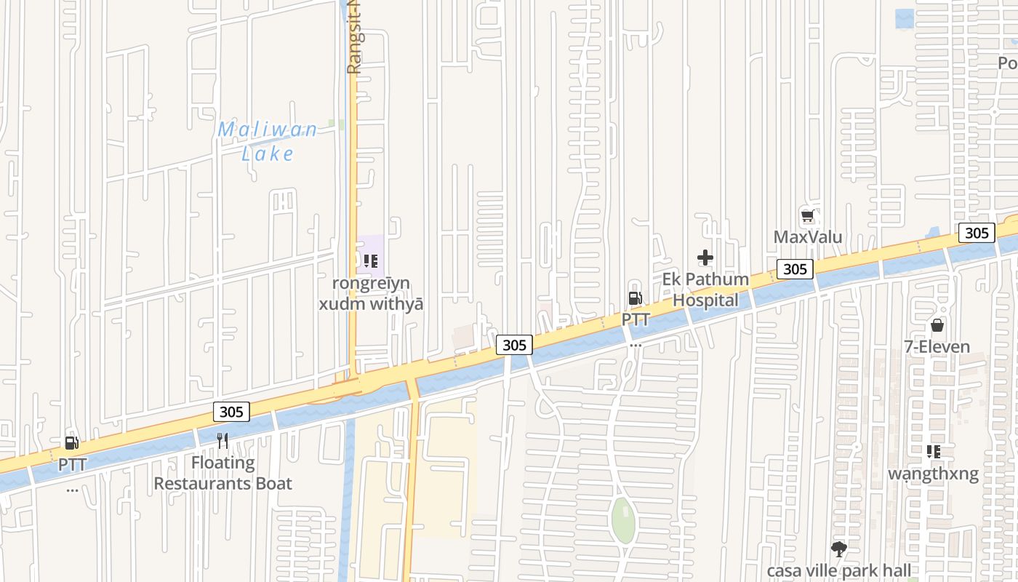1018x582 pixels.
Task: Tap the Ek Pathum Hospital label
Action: click(x=705, y=290)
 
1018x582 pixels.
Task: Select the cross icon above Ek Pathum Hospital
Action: click(x=705, y=258)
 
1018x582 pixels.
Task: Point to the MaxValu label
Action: click(x=808, y=237)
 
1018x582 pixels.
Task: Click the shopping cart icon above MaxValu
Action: click(x=808, y=216)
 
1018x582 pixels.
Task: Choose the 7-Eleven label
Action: click(x=937, y=346)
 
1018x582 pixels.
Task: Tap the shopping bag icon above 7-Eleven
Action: click(x=937, y=325)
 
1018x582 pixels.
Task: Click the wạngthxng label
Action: click(x=934, y=474)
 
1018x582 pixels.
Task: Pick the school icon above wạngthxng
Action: click(x=934, y=452)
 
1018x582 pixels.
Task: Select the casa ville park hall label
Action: click(x=838, y=570)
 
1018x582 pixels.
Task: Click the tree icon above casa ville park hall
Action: click(x=838, y=549)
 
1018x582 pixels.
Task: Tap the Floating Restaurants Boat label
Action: click(x=223, y=473)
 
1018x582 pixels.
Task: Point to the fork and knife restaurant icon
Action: click(x=223, y=441)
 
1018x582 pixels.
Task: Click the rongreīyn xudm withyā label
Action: click(x=371, y=293)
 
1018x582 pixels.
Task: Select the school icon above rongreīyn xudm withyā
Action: click(x=371, y=260)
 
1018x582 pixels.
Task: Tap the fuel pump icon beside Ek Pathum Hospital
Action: click(x=635, y=298)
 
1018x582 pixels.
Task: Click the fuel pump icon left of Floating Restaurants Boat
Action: click(x=71, y=443)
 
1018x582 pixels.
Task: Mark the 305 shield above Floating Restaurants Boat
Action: click(x=231, y=412)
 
